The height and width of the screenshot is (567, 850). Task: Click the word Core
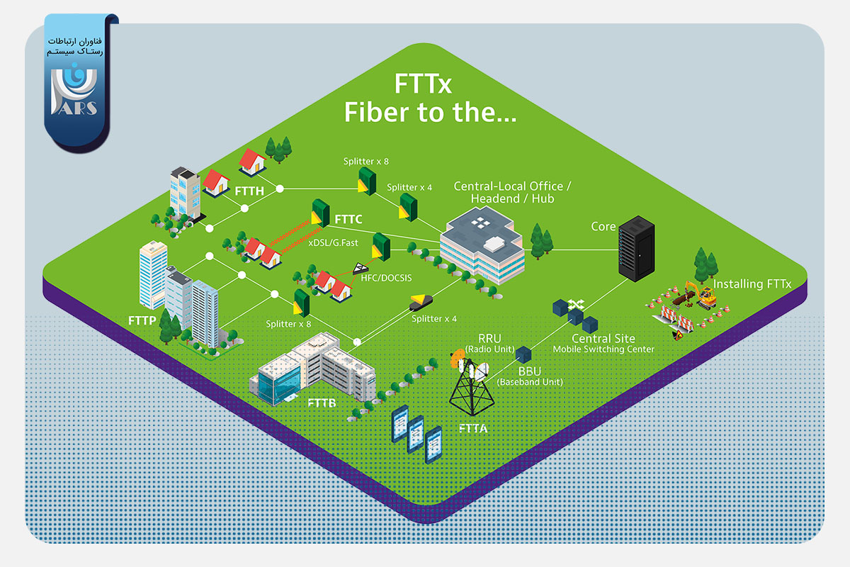coord(603,227)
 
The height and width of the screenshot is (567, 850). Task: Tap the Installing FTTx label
coord(752,284)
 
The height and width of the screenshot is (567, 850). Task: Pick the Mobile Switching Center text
coord(603,349)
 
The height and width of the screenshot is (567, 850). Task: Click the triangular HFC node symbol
coord(360,268)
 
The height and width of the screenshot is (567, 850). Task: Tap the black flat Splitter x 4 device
coord(421,303)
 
